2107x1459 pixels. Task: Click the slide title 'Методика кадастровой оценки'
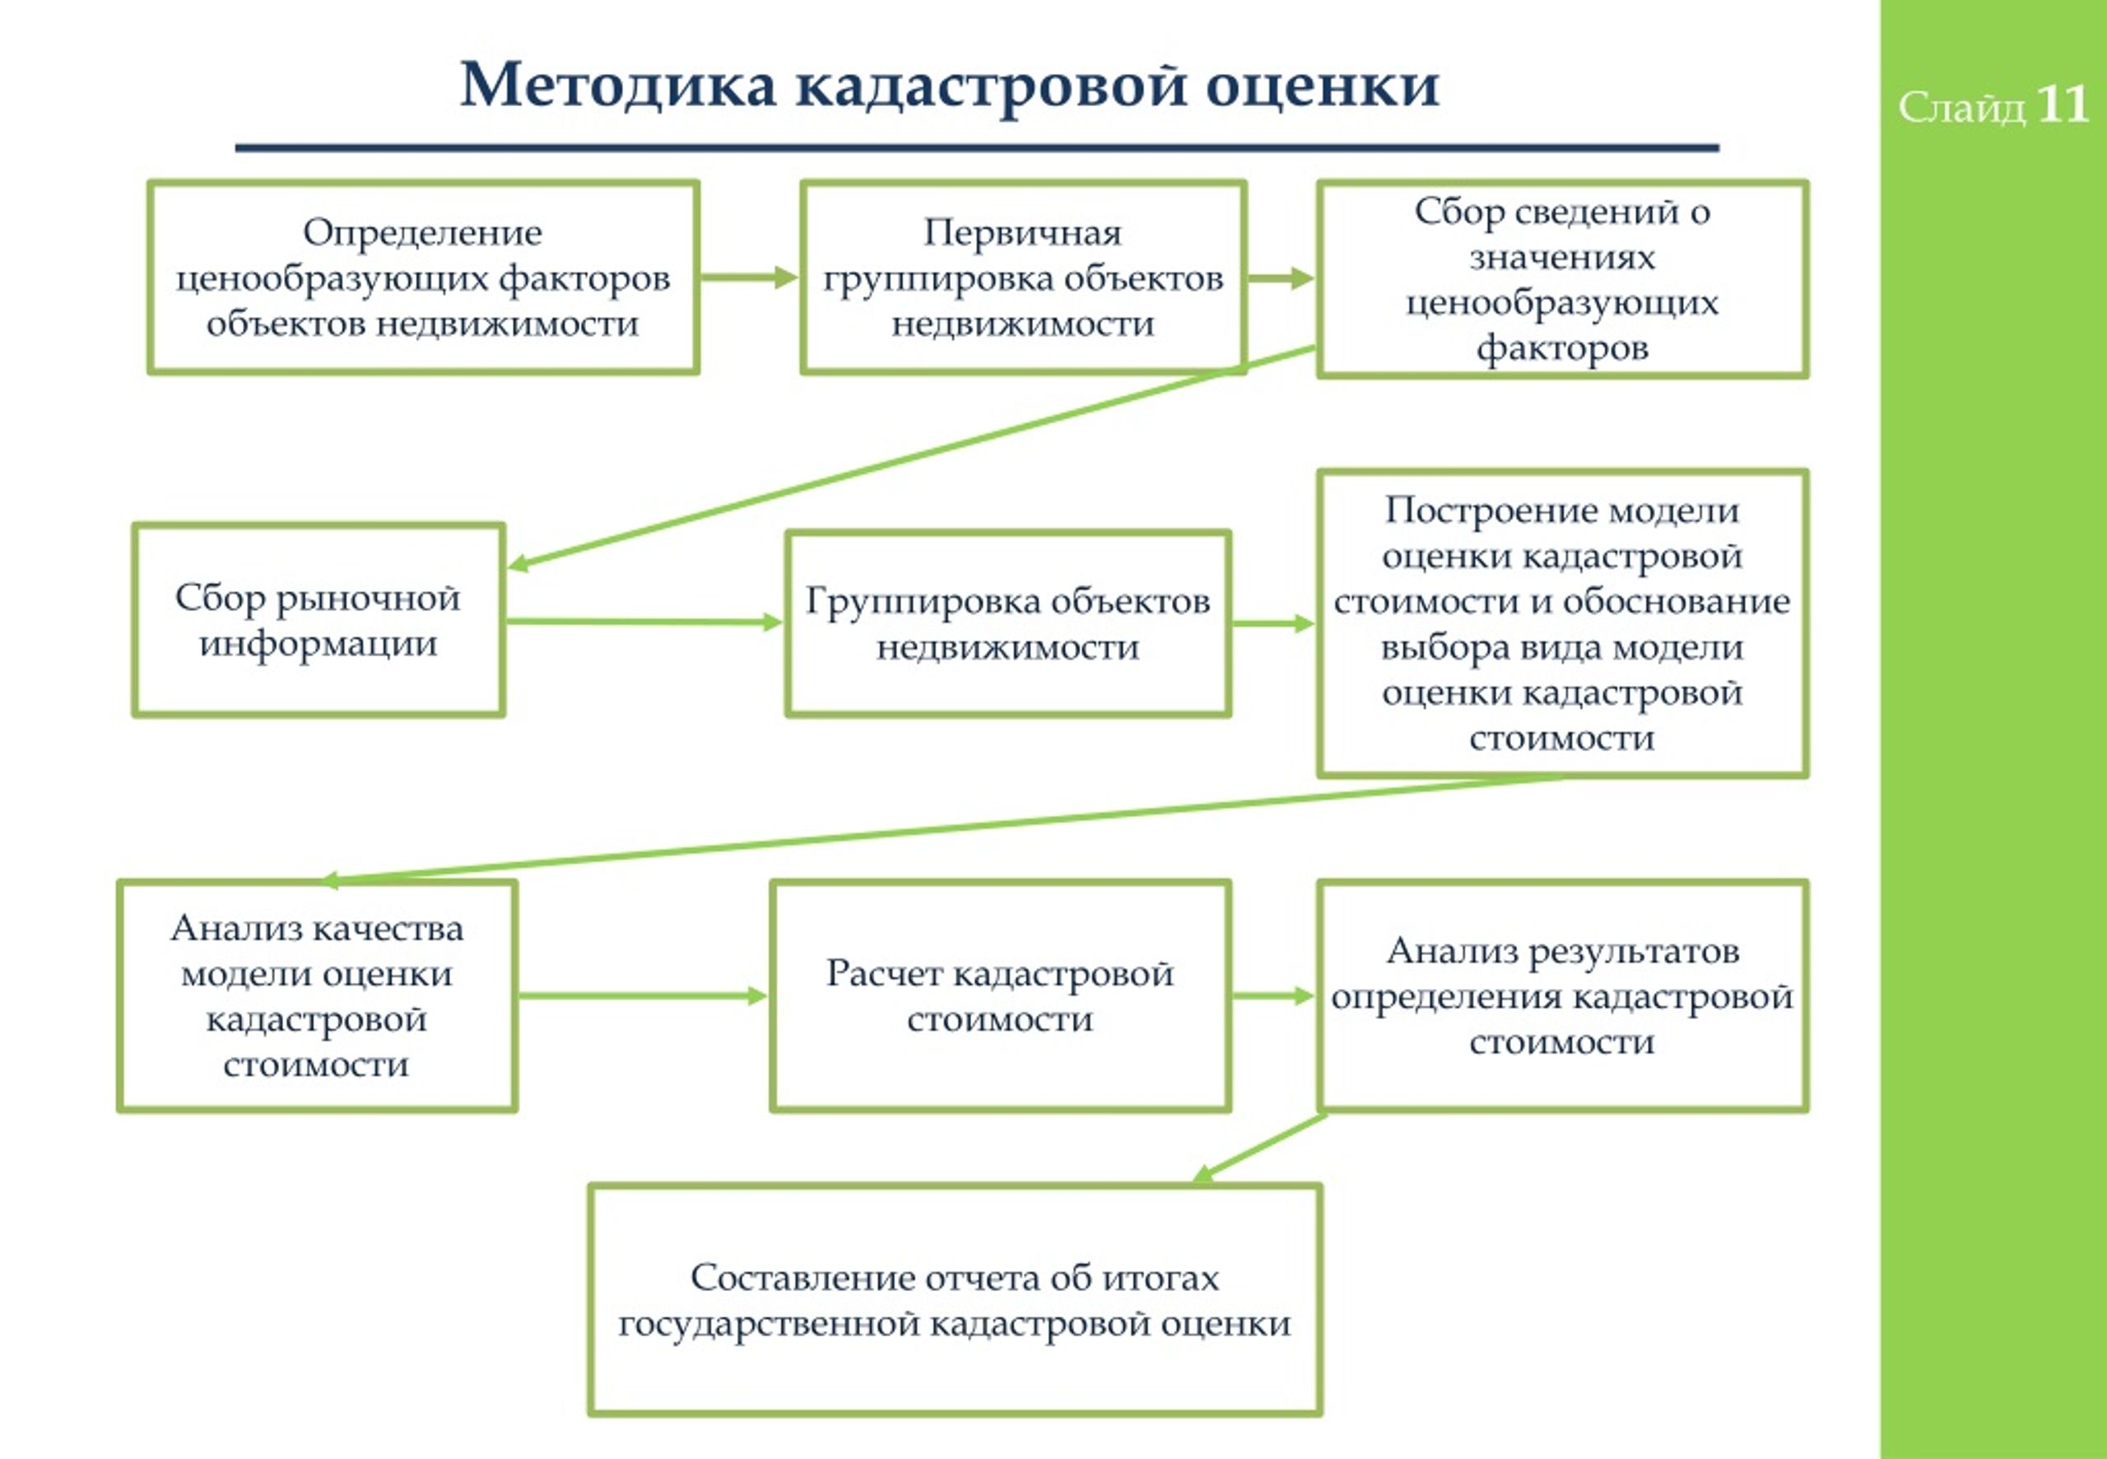(x=949, y=85)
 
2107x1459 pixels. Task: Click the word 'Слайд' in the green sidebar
(x=1960, y=108)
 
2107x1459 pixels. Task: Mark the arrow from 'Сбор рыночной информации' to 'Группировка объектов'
(x=645, y=622)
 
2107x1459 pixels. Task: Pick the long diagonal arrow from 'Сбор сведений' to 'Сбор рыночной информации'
(x=912, y=457)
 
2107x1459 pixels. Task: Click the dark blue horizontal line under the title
(x=977, y=147)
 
